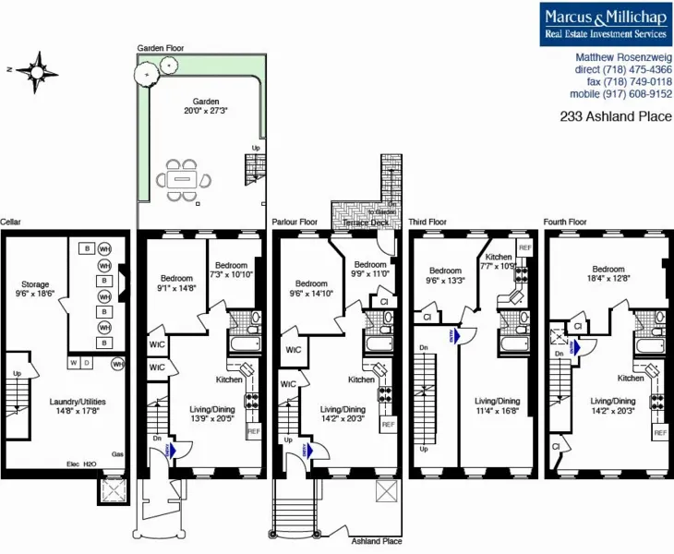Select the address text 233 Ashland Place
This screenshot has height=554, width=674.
(616, 117)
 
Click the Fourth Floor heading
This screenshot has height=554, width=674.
(565, 223)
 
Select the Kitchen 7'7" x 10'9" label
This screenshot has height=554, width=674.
(499, 261)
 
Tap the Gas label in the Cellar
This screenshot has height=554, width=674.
(116, 455)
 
